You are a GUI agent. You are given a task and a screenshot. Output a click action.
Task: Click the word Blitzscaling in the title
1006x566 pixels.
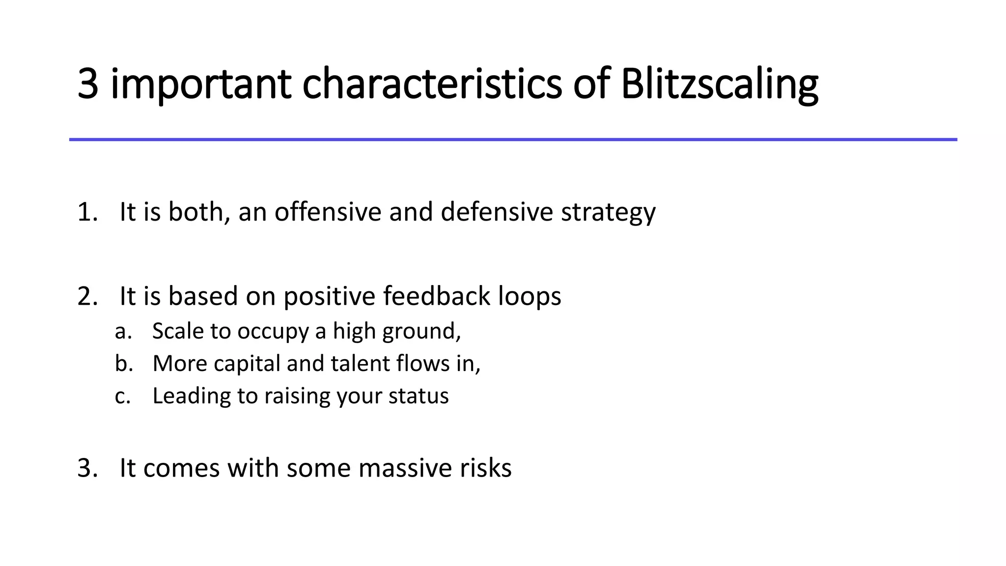[x=719, y=85]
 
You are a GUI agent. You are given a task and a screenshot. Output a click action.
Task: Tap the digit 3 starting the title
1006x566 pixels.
[x=88, y=85]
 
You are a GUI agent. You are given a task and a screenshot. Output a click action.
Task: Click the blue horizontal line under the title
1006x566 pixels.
[x=513, y=140]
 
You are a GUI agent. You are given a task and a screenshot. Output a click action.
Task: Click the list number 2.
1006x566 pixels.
[x=87, y=297]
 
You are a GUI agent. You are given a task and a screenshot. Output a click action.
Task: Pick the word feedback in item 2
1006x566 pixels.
[x=437, y=297]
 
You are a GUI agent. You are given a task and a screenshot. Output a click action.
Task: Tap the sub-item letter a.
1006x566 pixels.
[x=123, y=332]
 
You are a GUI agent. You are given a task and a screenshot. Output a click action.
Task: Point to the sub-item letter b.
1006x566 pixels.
[x=123, y=364]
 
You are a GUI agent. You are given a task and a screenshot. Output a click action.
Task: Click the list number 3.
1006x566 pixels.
[x=87, y=468]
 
